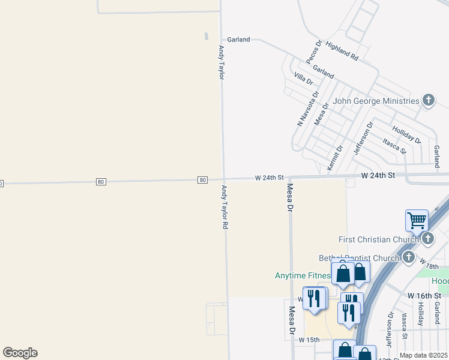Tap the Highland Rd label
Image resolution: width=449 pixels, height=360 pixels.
click(342, 52)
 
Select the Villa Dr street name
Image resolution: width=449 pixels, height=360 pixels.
click(303, 78)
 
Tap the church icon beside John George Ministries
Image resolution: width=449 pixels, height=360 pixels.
click(428, 100)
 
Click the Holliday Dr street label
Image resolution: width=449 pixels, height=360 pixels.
click(407, 134)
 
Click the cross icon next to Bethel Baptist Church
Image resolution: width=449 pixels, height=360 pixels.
click(409, 258)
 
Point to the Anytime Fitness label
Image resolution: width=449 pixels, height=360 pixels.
click(303, 276)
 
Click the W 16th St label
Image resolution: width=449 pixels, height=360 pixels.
click(428, 296)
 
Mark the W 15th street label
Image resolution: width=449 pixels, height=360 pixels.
click(309, 340)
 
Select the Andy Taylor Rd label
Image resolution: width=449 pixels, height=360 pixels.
click(225, 207)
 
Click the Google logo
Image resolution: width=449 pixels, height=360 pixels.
click(20, 353)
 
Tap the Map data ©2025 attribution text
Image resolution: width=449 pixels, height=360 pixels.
click(423, 355)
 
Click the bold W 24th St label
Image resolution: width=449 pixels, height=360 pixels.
click(378, 175)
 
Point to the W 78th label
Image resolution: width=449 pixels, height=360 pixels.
click(433, 264)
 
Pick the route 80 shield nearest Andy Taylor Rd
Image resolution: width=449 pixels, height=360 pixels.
click(203, 179)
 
